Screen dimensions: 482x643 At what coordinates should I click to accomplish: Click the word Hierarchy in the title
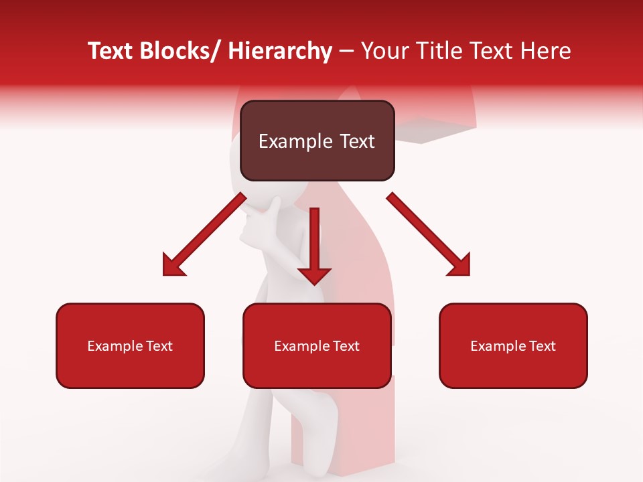point(280,51)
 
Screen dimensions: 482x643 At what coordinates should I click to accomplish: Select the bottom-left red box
point(130,368)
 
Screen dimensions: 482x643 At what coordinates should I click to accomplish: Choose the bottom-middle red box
point(317,368)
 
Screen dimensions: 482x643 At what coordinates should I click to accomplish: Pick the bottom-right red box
point(513,368)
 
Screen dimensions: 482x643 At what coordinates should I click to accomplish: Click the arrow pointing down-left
point(204,234)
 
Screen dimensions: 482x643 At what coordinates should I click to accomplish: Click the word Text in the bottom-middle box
point(345,346)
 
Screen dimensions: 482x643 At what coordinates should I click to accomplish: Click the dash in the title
point(346,52)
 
